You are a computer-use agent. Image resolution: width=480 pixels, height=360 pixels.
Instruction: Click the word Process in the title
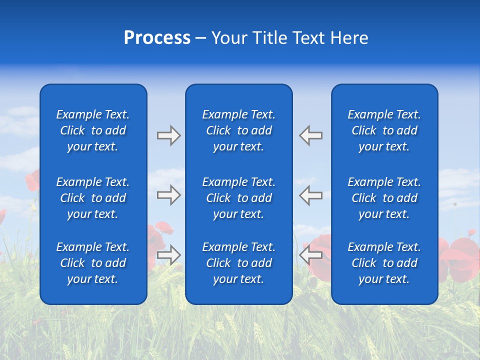click(157, 38)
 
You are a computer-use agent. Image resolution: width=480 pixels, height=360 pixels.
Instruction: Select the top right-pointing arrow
click(168, 135)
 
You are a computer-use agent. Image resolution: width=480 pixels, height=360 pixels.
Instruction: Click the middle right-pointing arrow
click(168, 195)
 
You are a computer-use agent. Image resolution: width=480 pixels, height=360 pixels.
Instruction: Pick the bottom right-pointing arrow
click(168, 255)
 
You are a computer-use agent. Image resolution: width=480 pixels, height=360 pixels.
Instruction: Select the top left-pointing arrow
click(311, 135)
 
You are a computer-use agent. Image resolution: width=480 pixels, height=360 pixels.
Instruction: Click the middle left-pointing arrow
click(311, 195)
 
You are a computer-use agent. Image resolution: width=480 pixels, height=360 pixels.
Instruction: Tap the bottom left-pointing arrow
click(311, 255)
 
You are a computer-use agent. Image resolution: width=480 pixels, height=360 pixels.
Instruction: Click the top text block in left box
click(93, 130)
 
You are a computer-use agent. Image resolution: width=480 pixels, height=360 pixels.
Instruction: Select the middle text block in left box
click(93, 198)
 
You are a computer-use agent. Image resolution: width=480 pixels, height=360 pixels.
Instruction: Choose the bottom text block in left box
click(93, 263)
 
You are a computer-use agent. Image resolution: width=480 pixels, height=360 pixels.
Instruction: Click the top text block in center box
click(238, 130)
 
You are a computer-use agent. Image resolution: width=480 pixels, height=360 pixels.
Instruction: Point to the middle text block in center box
click(238, 198)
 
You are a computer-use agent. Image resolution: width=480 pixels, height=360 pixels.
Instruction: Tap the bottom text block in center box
click(238, 263)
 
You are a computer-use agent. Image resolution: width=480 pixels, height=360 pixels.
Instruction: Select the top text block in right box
click(384, 130)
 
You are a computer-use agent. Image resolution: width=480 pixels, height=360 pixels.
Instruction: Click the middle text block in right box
click(384, 198)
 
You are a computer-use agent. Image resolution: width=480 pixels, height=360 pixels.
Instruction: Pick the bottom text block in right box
click(384, 263)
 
